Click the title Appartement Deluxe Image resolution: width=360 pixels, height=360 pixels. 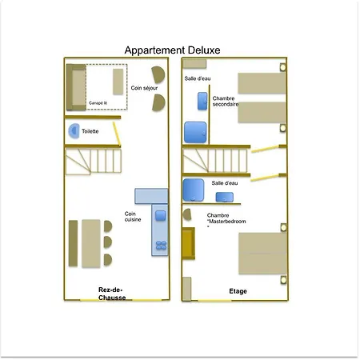tap(172, 50)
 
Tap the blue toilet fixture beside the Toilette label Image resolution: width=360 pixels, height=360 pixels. tap(74, 131)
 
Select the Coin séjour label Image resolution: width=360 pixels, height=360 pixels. tap(144, 88)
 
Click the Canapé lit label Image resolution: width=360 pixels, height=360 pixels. tap(98, 103)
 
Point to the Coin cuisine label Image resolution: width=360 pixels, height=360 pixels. tap(133, 217)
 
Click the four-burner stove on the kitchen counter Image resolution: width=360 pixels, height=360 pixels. tap(161, 246)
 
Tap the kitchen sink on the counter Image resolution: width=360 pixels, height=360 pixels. tap(160, 216)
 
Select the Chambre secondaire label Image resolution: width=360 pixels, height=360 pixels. tap(226, 102)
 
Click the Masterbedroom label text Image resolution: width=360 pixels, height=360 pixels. tap(227, 222)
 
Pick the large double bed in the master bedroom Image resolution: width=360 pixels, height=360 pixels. tap(262, 254)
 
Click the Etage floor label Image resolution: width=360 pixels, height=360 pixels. tap(238, 291)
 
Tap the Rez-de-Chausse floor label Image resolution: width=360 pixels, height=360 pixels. tap(112, 294)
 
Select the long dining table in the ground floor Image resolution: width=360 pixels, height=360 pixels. tap(91, 243)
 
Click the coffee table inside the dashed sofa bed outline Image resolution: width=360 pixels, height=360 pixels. tap(118, 82)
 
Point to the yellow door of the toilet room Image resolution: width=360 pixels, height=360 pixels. tap(117, 134)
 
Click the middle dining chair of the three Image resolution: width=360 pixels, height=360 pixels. tap(107, 242)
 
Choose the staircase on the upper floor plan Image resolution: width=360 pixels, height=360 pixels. tap(215, 161)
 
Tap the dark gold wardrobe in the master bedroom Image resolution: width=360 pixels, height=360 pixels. tap(188, 243)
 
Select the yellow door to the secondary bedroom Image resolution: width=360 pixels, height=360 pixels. tap(265, 149)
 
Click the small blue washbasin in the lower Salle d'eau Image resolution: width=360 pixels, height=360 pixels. tap(225, 197)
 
